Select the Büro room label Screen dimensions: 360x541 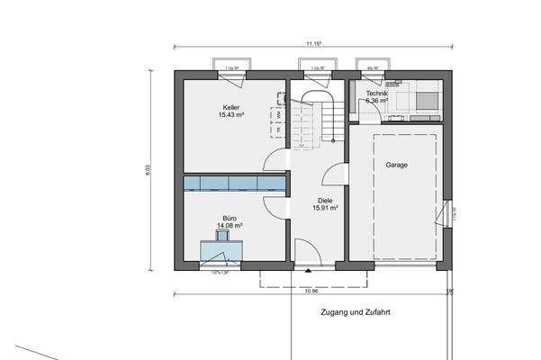(x=231, y=218)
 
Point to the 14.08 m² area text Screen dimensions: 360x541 (x=231, y=226)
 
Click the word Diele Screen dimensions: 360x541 (x=325, y=201)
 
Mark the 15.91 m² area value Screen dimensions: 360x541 (x=325, y=209)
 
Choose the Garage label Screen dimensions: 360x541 (x=396, y=166)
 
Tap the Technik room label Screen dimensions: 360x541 (x=377, y=93)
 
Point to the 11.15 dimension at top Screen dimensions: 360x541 (x=313, y=42)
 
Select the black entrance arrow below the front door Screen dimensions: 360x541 (x=308, y=269)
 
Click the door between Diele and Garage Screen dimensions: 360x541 (x=335, y=175)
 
